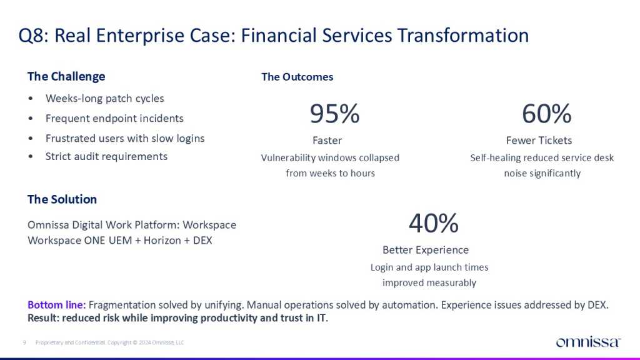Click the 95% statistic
point(335,114)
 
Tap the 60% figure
point(546,114)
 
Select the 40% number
point(434,223)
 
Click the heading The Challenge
point(66,76)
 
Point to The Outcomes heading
point(297,77)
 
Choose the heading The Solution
point(62,199)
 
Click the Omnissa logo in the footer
point(588,342)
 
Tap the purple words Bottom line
point(56,305)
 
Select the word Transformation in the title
point(463,35)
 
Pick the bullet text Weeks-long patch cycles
point(104,98)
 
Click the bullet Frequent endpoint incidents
point(114,118)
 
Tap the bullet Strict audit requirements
point(106,156)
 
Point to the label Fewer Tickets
point(539,141)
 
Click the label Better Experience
point(425,250)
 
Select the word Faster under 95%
point(327,141)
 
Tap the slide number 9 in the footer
point(24,342)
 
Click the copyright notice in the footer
point(110,342)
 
